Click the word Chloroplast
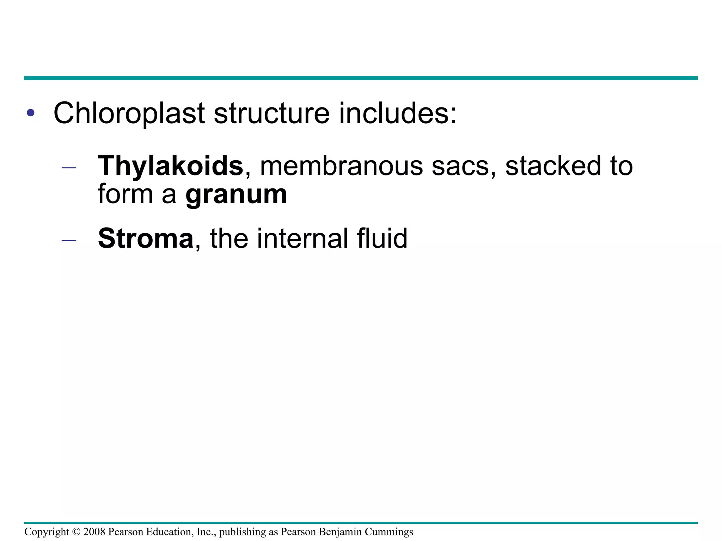tap(129, 114)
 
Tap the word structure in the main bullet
tap(271, 114)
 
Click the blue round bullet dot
tap(31, 113)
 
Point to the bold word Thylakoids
tap(170, 166)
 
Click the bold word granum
tap(236, 195)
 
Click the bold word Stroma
tap(146, 238)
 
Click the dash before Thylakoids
tap(69, 168)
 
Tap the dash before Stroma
tap(69, 241)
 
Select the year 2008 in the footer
tap(94, 532)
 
